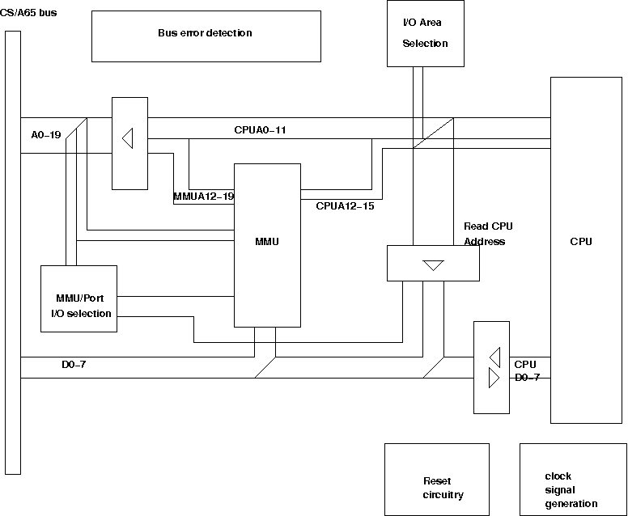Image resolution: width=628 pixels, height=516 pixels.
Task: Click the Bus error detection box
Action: click(x=206, y=36)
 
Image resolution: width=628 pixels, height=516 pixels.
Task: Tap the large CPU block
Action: click(x=581, y=249)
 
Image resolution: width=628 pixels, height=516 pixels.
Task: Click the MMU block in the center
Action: click(x=267, y=243)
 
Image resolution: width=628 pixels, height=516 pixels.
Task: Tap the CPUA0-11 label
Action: click(x=260, y=129)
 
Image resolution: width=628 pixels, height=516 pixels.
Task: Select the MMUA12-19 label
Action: click(x=203, y=196)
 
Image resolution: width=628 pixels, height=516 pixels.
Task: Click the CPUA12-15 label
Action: click(x=345, y=205)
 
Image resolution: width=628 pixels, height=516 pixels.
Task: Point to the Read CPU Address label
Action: click(x=488, y=234)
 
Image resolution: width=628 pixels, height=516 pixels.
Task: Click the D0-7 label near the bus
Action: click(x=74, y=364)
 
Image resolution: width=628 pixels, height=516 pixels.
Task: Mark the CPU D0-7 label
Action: click(x=526, y=371)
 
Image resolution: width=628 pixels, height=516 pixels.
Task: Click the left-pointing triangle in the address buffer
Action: click(x=127, y=139)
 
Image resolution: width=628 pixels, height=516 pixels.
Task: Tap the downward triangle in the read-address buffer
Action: click(x=434, y=265)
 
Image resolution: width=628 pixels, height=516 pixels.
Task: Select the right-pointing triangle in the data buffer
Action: click(x=494, y=378)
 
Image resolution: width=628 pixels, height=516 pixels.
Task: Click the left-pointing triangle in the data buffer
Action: click(x=494, y=357)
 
